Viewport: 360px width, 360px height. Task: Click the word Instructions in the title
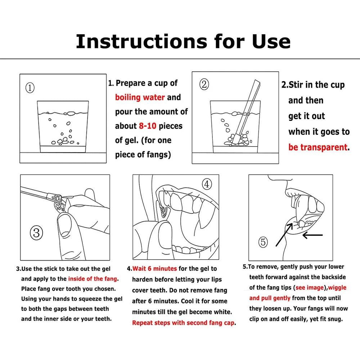click(141, 41)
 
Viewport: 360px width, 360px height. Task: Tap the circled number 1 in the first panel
click(30, 88)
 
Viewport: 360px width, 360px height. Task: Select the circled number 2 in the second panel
click(204, 84)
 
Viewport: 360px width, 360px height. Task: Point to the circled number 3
click(36, 233)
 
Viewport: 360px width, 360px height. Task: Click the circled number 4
click(207, 184)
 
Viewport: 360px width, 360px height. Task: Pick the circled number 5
click(263, 242)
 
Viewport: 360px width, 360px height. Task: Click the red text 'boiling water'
click(140, 97)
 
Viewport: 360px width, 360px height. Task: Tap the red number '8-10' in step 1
click(147, 126)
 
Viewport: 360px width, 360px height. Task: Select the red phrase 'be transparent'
click(318, 147)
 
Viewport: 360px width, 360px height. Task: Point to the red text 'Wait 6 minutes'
click(154, 269)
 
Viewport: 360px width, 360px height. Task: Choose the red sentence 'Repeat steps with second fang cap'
click(183, 323)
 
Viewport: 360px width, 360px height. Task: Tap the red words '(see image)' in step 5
click(310, 287)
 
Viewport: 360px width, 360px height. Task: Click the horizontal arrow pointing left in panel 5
click(312, 235)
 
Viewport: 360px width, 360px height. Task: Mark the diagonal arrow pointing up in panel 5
click(284, 235)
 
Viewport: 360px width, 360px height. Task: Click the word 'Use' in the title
click(271, 41)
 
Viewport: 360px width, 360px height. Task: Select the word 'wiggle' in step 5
click(337, 288)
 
